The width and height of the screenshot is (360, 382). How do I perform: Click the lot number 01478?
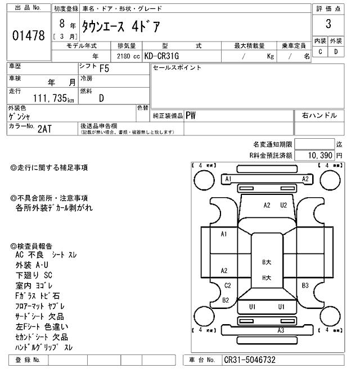pos(28,36)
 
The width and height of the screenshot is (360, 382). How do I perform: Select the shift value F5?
pos(105,70)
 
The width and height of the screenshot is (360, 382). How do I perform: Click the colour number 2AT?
pos(45,128)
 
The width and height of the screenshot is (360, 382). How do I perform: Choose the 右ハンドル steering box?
pos(319,115)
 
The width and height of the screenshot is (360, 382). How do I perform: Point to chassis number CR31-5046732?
pos(250,360)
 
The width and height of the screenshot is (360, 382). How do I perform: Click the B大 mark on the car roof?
pos(267,262)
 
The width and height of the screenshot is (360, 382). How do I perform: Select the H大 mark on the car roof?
pos(267,278)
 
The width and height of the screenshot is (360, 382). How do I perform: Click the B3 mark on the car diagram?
pos(305,285)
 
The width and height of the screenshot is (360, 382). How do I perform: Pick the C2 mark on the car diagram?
pos(227,285)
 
